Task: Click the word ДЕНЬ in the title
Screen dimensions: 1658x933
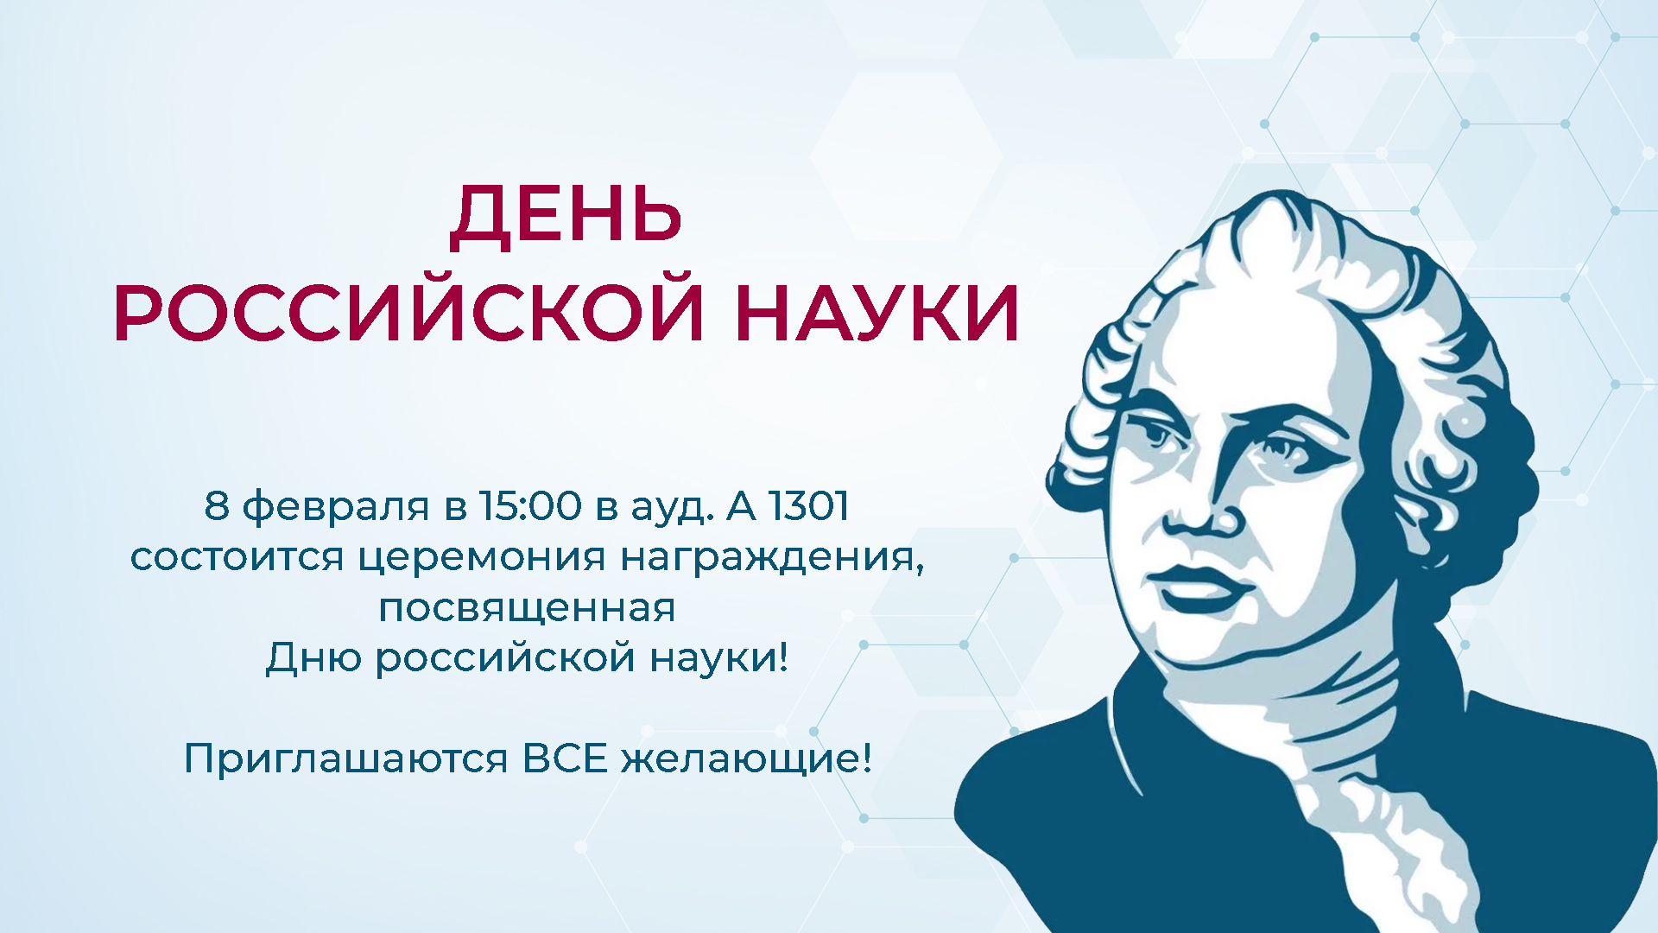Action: [x=566, y=216]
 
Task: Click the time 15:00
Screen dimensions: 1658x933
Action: [x=531, y=505]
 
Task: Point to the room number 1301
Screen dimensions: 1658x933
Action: [x=809, y=505]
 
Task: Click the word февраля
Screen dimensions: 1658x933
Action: [x=336, y=507]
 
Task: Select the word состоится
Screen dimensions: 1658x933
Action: [x=237, y=557]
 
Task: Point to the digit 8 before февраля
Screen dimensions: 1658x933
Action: [x=217, y=505]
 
